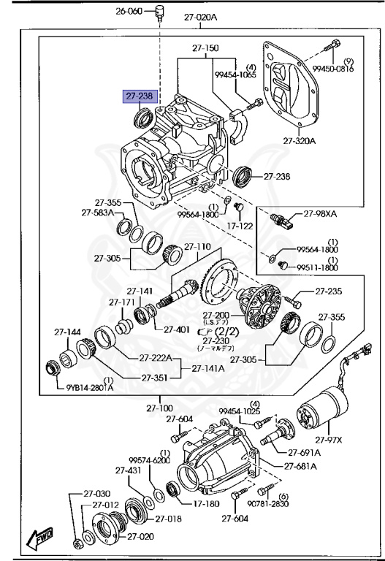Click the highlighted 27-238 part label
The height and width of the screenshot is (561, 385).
pyautogui.click(x=138, y=96)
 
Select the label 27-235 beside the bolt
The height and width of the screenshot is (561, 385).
pyautogui.click(x=329, y=291)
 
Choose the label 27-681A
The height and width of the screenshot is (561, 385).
pyautogui.click(x=301, y=466)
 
